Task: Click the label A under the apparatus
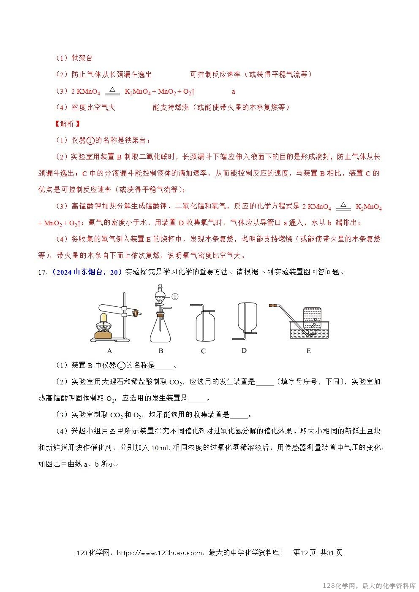(109, 351)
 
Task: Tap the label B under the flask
(161, 351)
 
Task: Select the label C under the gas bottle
(203, 351)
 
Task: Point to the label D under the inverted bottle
(244, 350)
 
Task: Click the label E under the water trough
(308, 351)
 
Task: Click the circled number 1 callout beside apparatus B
(175, 297)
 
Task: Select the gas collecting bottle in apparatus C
(205, 327)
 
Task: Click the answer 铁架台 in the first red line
(82, 58)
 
